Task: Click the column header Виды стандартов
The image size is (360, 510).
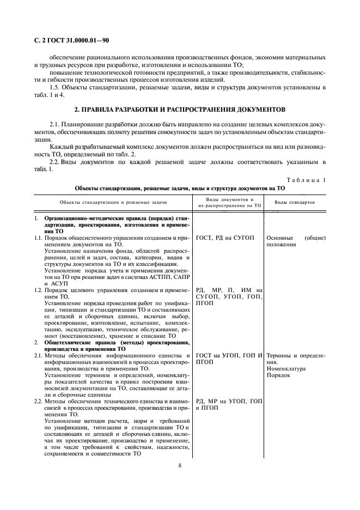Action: [295, 202]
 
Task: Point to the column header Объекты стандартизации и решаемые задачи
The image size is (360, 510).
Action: [113, 202]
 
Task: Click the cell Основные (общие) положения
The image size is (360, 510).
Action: [296, 241]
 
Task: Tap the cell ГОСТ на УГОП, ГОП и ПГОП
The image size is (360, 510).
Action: [229, 359]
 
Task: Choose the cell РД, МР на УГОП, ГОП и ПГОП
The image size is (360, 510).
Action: [229, 404]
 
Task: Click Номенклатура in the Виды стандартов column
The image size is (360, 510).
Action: [286, 368]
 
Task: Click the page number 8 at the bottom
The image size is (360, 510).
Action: [180, 465]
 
